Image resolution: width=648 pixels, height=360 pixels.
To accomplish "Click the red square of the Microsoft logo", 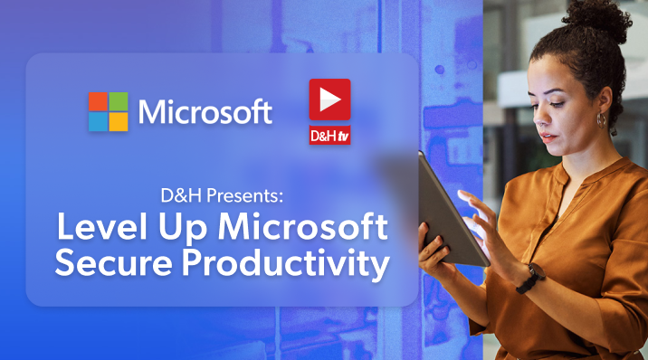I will (98, 101).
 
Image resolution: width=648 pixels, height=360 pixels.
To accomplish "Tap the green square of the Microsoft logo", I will (119, 101).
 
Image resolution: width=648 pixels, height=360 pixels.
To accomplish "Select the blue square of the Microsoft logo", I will (98, 122).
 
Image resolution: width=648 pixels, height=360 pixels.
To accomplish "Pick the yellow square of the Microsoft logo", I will (119, 122).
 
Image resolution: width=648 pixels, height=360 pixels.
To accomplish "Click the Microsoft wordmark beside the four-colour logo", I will (205, 112).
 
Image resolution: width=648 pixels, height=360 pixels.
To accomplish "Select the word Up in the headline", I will (183, 227).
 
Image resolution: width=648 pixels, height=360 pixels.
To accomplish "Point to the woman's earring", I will (599, 118).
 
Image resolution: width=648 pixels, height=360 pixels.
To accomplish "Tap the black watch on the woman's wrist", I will (530, 278).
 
